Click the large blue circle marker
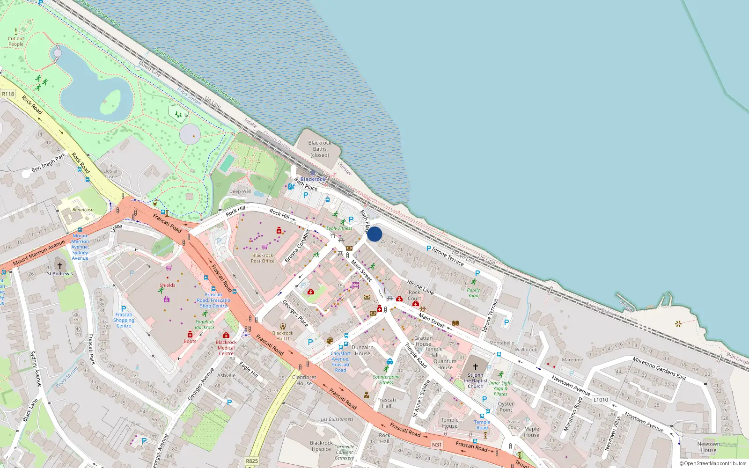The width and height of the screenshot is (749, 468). pos(374,234)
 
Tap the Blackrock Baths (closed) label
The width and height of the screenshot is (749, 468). pos(320,149)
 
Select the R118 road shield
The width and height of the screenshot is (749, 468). pos(8,94)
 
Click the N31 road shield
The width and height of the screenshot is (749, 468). pos(437,445)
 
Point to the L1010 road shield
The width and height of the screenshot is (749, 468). pos(601,400)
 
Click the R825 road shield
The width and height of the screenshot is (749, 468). pos(252,461)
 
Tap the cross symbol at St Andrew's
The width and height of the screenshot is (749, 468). pos(60,266)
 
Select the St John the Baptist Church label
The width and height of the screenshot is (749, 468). pos(475,380)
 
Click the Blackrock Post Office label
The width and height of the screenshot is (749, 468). pos(263,258)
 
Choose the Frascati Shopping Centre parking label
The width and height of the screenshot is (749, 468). pos(124,320)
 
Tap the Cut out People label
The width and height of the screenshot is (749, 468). pos(16,42)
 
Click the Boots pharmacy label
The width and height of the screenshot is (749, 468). pos(190,341)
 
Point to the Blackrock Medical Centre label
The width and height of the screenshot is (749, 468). pos(226,348)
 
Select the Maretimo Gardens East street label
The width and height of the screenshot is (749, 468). pos(659,368)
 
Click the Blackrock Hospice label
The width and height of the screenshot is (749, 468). pos(321,446)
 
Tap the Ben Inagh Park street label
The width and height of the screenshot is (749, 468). pos(49,162)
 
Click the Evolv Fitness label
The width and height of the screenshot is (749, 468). pos(339,228)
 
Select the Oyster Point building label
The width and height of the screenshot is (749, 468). pos(506,407)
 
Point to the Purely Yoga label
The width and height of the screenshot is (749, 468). pos(473,292)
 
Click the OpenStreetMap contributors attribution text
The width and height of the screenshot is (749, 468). pos(713,464)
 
